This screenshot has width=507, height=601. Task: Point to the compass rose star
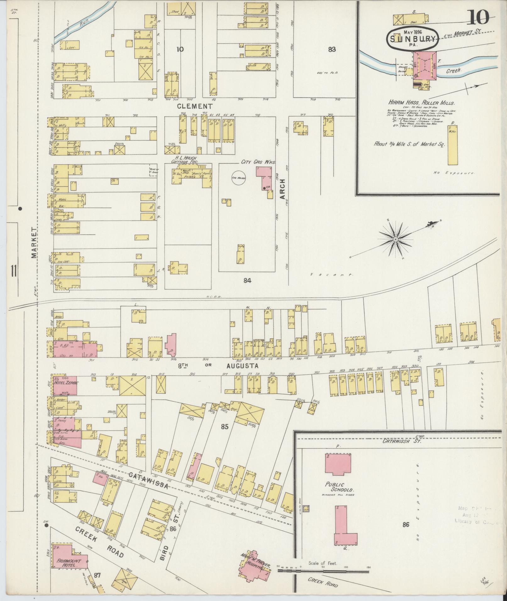(x=396, y=239)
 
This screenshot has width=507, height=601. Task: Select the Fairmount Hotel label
(x=69, y=534)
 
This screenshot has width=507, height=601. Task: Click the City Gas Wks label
(x=258, y=162)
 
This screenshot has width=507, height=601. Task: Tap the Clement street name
(x=195, y=106)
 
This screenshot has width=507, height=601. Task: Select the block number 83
(x=332, y=49)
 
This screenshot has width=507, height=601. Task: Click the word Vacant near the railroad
(x=332, y=275)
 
